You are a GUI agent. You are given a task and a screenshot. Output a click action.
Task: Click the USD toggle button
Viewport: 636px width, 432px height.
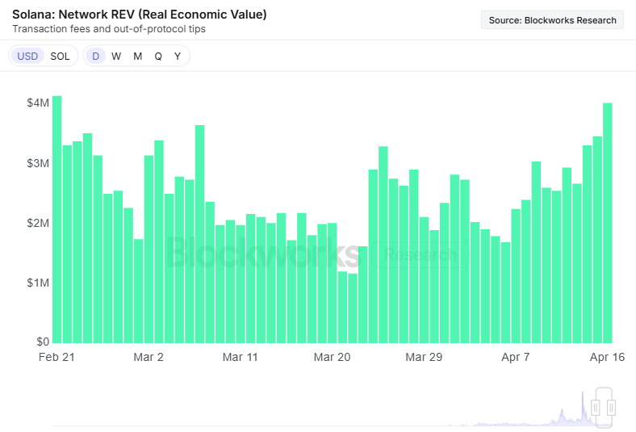(x=27, y=56)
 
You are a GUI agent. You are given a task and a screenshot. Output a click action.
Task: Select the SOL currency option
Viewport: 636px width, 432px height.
(x=60, y=56)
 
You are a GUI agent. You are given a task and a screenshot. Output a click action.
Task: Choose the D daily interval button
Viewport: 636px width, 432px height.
(x=96, y=56)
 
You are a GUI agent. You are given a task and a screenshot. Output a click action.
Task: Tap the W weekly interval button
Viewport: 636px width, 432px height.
(x=116, y=56)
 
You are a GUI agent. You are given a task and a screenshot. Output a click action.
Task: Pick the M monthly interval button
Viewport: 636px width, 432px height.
(x=138, y=56)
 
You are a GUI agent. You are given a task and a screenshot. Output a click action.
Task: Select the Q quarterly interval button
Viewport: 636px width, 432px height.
(x=158, y=56)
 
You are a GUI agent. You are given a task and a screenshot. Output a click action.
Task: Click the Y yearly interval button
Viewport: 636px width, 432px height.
(x=178, y=56)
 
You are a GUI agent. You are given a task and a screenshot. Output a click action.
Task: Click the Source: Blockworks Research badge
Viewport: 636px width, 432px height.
(x=552, y=20)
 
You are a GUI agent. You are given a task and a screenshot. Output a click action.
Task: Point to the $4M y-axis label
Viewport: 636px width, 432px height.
(x=38, y=103)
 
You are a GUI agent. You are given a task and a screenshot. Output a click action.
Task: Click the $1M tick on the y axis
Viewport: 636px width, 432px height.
(x=38, y=283)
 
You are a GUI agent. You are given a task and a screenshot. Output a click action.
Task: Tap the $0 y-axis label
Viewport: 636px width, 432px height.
(x=43, y=342)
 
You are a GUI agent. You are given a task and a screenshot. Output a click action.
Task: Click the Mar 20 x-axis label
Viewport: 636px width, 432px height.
(x=332, y=357)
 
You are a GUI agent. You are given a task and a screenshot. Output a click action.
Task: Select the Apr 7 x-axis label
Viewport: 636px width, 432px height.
(x=516, y=357)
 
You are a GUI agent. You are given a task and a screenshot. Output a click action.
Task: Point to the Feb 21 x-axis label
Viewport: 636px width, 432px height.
(x=56, y=357)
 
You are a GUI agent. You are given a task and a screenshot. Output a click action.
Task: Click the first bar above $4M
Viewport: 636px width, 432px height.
(x=56, y=220)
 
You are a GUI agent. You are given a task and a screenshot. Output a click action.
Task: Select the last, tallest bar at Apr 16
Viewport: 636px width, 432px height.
(x=608, y=223)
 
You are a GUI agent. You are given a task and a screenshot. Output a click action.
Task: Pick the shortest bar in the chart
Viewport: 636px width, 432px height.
(x=353, y=308)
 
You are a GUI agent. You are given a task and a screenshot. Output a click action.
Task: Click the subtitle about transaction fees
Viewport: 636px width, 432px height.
(x=109, y=29)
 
